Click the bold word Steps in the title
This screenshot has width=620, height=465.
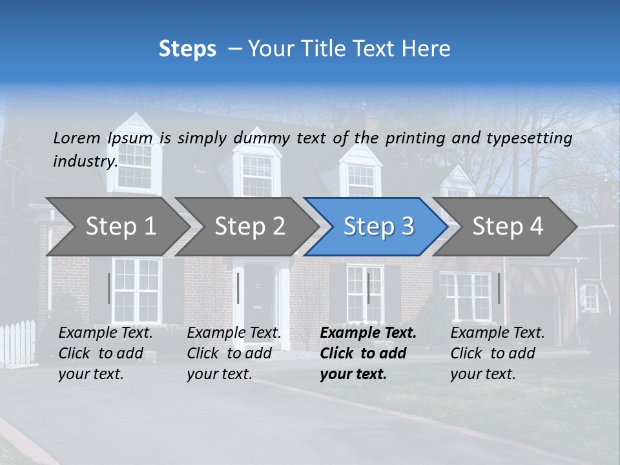pyautogui.click(x=187, y=49)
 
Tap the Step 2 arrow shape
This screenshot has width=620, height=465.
pyautogui.click(x=249, y=227)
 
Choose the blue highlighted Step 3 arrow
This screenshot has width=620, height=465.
pyautogui.click(x=378, y=227)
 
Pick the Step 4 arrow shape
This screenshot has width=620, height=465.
pyautogui.click(x=508, y=227)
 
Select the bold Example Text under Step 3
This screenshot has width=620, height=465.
pyautogui.click(x=368, y=333)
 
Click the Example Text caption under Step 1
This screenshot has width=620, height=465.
pyautogui.click(x=105, y=333)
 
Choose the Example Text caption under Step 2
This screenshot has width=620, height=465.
pyautogui.click(x=234, y=333)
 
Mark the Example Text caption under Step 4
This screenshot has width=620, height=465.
pyautogui.click(x=497, y=333)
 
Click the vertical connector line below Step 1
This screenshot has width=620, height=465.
pyautogui.click(x=109, y=288)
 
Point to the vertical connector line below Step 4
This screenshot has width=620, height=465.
pyautogui.click(x=499, y=288)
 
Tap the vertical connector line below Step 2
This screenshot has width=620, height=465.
pyautogui.click(x=238, y=288)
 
